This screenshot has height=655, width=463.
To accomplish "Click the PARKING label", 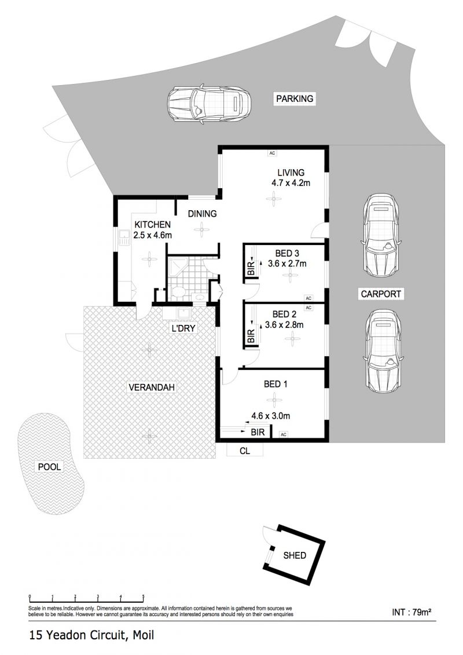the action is click(x=295, y=98).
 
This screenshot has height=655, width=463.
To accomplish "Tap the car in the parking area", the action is click(x=209, y=104).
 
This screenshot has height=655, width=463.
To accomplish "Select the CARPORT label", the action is click(x=381, y=294).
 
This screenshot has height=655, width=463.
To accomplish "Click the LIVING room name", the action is click(x=291, y=172).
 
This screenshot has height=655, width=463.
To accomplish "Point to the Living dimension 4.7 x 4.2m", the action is click(x=291, y=182).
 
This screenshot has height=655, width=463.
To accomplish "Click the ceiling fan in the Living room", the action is click(x=273, y=199).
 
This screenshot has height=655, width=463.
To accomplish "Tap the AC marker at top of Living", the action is click(x=272, y=153).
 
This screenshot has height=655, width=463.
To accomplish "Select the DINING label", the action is click(x=202, y=214).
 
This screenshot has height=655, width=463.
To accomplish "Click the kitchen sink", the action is click(x=124, y=237).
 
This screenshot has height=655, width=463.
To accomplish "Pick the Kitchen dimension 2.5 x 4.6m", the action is click(x=152, y=235).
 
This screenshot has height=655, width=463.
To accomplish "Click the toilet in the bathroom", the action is click(x=179, y=292).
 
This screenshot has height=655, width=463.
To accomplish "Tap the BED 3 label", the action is click(x=287, y=253).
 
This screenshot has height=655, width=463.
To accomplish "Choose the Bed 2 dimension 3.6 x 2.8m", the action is click(x=284, y=324).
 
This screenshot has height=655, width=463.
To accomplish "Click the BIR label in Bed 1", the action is click(x=258, y=432).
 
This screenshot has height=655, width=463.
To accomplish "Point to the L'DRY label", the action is click(x=183, y=328).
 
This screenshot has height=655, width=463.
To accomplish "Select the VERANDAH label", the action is click(x=151, y=387).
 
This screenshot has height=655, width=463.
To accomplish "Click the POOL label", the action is click(x=49, y=467).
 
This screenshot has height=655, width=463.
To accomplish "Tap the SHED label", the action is click(x=295, y=555).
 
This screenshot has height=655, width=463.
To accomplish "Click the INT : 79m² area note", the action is click(x=411, y=612).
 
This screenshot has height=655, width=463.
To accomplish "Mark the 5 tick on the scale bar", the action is click(x=143, y=596).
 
